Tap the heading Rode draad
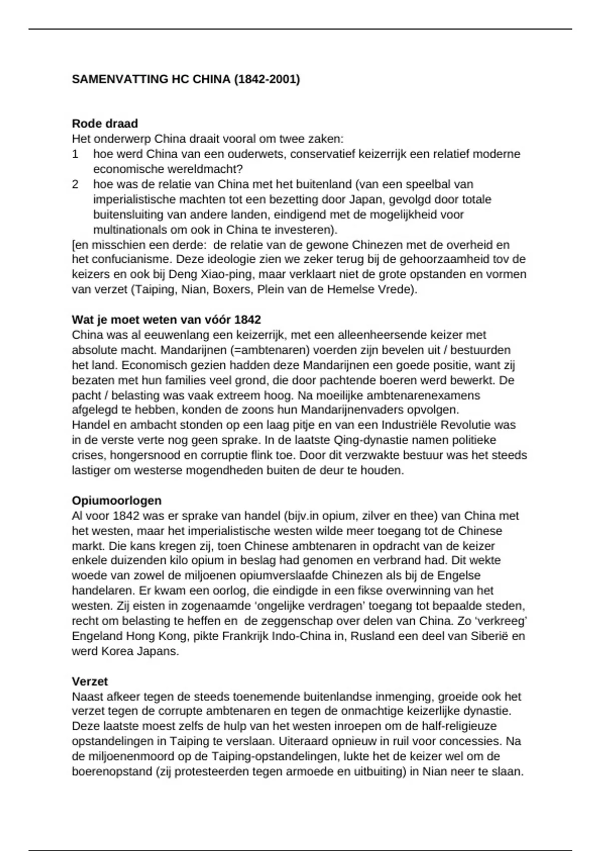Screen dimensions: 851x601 [105, 123]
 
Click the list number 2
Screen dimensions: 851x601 [75, 184]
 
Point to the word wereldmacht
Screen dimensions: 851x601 [206, 169]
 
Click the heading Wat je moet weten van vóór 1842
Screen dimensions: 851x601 [166, 319]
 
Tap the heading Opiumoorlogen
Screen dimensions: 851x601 [117, 501]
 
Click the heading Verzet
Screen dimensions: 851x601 [90, 681]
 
